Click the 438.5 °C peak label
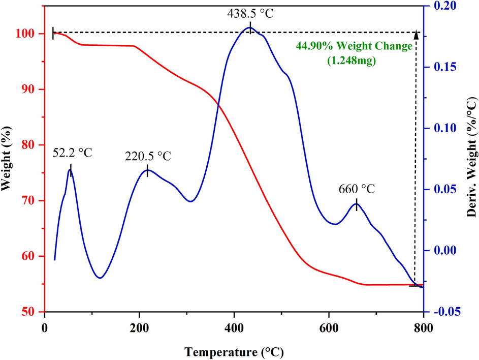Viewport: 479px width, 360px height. click(250, 13)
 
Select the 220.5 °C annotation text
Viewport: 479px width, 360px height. click(148, 156)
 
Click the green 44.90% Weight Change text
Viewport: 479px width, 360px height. click(354, 46)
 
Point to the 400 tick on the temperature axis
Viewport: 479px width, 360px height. click(234, 327)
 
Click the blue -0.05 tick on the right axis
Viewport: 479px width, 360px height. click(445, 312)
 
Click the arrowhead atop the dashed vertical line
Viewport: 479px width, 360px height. click(417, 35)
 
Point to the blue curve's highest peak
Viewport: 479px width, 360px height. click(249, 27)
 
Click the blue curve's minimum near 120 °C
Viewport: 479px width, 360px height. click(100, 278)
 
